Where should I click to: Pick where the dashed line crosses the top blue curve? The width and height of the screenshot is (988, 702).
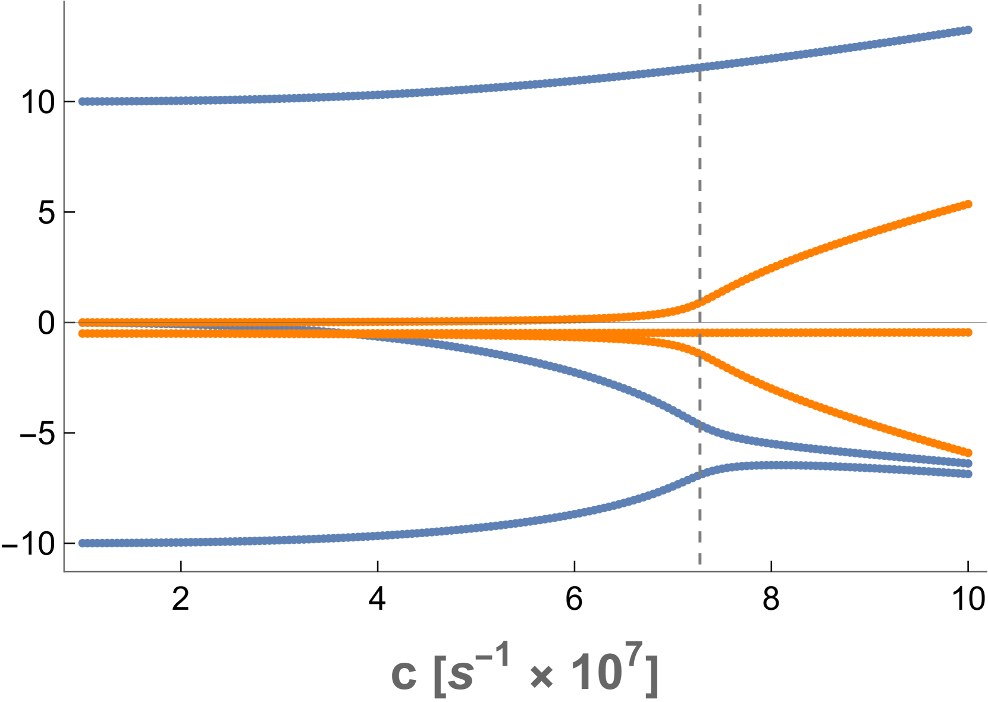pyautogui.click(x=700, y=67)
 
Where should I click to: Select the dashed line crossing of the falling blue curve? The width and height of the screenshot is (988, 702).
pyautogui.click(x=700, y=424)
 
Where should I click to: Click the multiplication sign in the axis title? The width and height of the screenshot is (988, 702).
pyautogui.click(x=541, y=677)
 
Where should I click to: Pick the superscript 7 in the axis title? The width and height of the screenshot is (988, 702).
pyautogui.click(x=635, y=654)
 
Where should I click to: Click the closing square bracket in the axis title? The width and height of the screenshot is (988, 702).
pyautogui.click(x=652, y=675)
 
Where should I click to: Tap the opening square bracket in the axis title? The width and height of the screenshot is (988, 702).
pyautogui.click(x=439, y=675)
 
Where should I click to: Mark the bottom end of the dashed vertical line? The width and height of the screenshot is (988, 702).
pyautogui.click(x=700, y=563)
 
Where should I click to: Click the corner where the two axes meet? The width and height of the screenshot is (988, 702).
pyautogui.click(x=64, y=572)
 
